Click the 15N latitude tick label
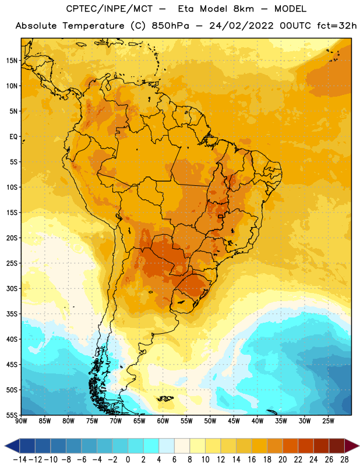point(12,61)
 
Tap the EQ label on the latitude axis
point(13,137)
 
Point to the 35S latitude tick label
point(12,314)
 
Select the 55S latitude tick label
point(12,415)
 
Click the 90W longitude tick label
point(21,421)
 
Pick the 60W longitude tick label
point(163,421)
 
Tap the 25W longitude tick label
point(329,421)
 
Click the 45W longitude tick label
point(234,421)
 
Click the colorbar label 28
point(344,460)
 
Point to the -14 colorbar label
point(20,460)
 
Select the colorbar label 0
point(128,460)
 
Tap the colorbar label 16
point(252,460)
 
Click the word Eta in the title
point(186,9)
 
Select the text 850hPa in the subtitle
point(170,26)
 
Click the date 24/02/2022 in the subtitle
point(241,26)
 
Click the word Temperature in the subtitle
point(93,26)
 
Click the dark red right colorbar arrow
point(352,446)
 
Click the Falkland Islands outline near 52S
point(165,398)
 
